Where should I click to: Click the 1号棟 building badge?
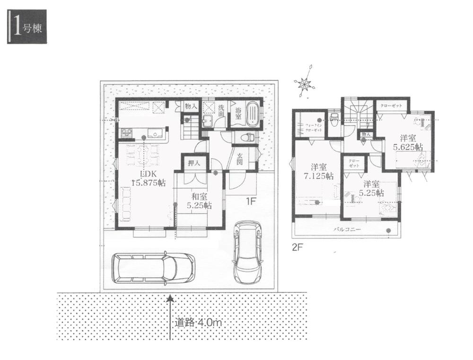pos(26,29)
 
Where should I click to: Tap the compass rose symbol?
pos(304,84)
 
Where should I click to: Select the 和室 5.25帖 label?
pos(199,201)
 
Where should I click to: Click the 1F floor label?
pos(250,201)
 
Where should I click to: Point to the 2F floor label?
pos(297,247)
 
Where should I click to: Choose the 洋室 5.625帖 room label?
pos(408,142)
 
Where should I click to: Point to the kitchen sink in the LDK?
pos(154,133)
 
